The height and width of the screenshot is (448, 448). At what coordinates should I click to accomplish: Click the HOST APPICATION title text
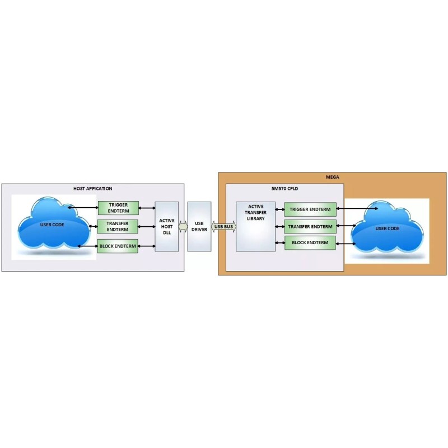pyautogui.click(x=93, y=188)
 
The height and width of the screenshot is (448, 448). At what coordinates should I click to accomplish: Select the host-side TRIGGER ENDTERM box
pyautogui.click(x=118, y=208)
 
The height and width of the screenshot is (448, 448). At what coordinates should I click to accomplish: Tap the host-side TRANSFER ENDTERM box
pyautogui.click(x=118, y=227)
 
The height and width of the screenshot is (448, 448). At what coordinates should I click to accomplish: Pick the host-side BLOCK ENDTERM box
pyautogui.click(x=118, y=246)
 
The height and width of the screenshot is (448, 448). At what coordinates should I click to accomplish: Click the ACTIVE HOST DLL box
pyautogui.click(x=167, y=226)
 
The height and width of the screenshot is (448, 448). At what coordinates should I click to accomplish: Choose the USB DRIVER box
pyautogui.click(x=199, y=226)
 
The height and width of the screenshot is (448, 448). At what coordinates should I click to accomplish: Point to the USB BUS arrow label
pyautogui.click(x=223, y=226)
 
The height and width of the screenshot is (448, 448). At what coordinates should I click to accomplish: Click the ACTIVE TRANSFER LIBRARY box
pyautogui.click(x=255, y=226)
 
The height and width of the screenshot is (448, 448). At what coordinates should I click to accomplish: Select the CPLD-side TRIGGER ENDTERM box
pyautogui.click(x=310, y=210)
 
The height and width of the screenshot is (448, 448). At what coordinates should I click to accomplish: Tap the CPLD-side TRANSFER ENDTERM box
pyautogui.click(x=310, y=227)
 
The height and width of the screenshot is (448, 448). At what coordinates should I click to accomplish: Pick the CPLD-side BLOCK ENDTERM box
pyautogui.click(x=310, y=243)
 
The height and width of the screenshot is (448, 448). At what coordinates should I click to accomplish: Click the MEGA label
pyautogui.click(x=332, y=177)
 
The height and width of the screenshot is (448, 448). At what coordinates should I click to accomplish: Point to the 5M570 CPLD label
pyautogui.click(x=284, y=188)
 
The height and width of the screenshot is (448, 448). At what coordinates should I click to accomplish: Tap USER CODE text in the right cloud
pyautogui.click(x=387, y=228)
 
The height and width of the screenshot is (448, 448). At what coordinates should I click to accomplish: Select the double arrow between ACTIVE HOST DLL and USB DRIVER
pyautogui.click(x=183, y=226)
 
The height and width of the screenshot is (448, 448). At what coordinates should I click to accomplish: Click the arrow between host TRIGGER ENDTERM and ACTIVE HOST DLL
pyautogui.click(x=147, y=208)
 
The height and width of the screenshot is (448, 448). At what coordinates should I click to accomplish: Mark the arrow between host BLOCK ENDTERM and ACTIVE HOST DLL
pyautogui.click(x=147, y=246)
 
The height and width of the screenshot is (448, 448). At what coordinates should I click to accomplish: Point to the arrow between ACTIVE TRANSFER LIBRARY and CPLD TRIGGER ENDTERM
pyautogui.click(x=280, y=211)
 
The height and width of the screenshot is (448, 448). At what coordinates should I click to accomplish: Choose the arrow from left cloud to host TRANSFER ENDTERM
pyautogui.click(x=92, y=227)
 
